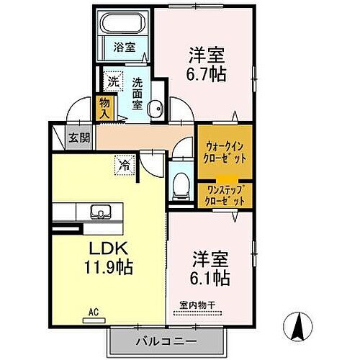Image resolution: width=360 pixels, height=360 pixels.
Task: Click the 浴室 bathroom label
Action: coord(125,48)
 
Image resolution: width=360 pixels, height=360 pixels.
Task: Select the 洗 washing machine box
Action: coord(112,82)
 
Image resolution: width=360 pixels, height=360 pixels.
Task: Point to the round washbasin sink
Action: coord(153,109)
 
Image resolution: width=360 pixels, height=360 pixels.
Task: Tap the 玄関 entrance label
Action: coord(78,138)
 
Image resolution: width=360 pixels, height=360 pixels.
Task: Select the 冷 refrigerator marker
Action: coord(123,164)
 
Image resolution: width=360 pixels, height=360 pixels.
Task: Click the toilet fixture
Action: coord(180,184)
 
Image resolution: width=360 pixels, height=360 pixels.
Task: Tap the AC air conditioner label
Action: coord(93,312)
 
